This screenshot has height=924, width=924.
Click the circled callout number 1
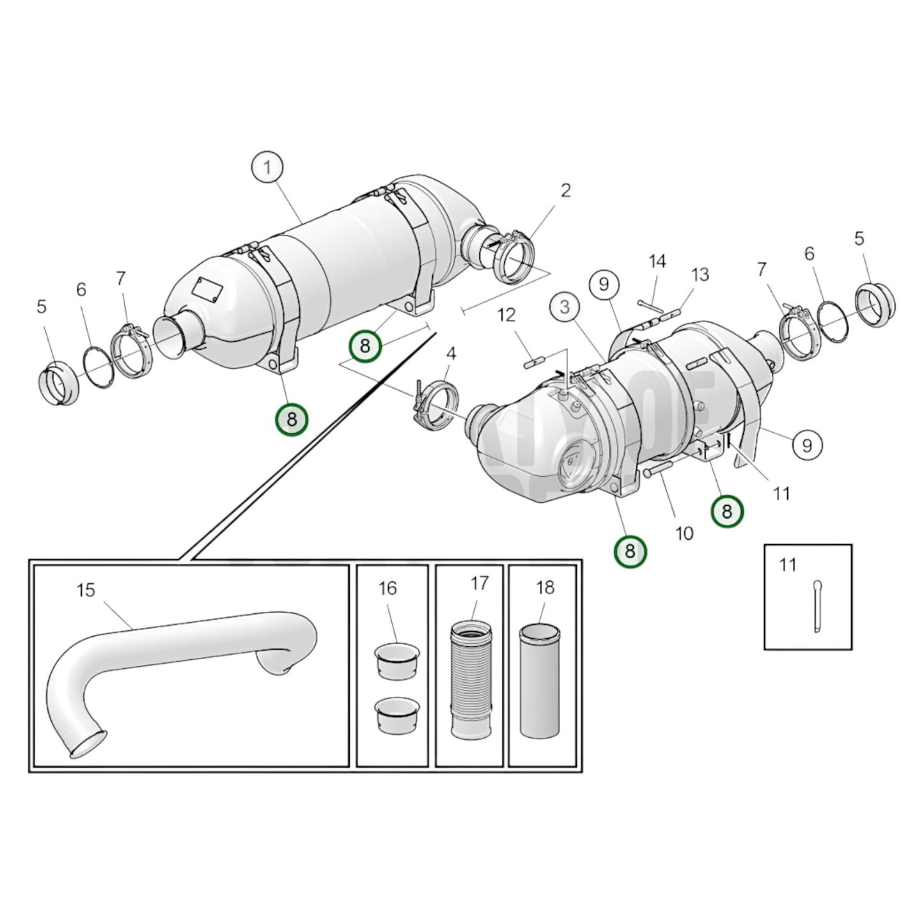tap(267, 168)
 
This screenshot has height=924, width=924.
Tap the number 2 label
tap(565, 191)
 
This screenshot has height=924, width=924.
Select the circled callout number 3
tap(565, 307)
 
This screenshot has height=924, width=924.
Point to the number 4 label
tap(451, 354)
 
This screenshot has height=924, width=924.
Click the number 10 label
tap(684, 533)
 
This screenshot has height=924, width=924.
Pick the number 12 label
tap(506, 315)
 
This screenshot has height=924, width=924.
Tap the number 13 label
tap(700, 274)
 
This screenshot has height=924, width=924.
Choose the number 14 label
tap(657, 261)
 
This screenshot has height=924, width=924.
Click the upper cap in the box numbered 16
tap(396, 660)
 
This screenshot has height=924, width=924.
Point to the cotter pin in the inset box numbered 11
tap(817, 606)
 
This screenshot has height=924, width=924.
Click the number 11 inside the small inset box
tap(788, 565)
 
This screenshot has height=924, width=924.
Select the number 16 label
tap(388, 588)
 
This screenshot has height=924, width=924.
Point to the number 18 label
tap(545, 588)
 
